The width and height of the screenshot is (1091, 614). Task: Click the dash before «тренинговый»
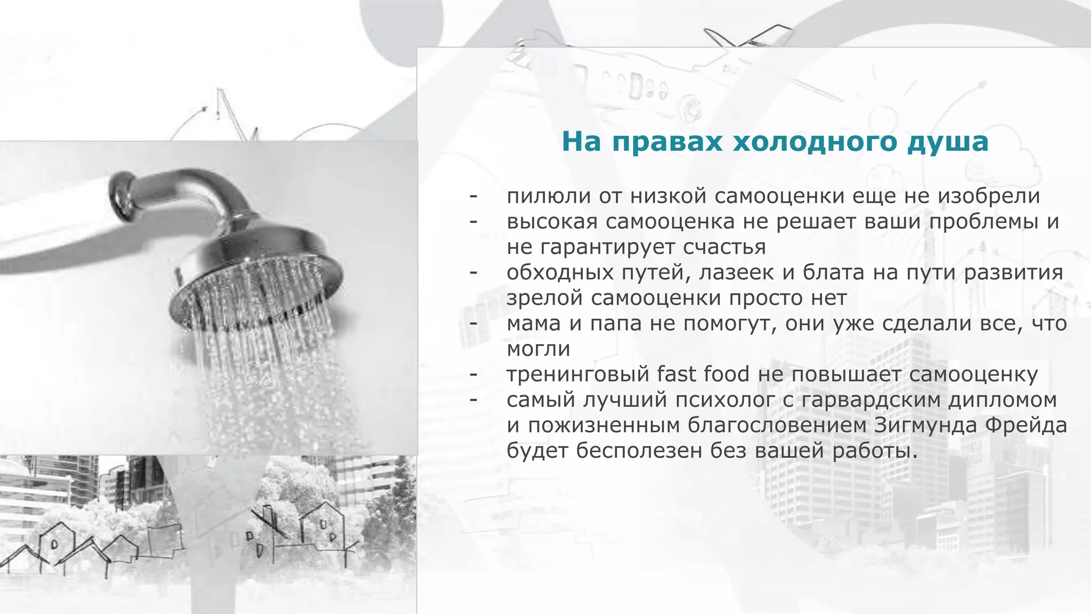click(473, 374)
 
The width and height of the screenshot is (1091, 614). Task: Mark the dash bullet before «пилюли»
click(473, 197)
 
